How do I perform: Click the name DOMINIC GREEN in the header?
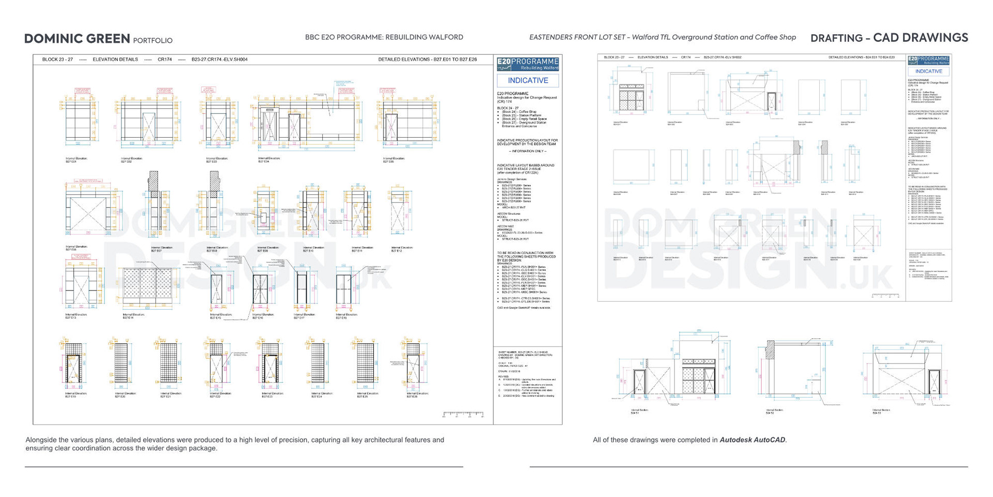[x=77, y=39]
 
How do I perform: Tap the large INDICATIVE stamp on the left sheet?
[x=528, y=81]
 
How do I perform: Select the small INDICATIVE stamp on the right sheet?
[x=928, y=71]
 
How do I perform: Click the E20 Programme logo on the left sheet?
[x=528, y=64]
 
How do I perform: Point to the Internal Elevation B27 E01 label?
[x=76, y=159]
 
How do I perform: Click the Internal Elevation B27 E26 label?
[x=417, y=394]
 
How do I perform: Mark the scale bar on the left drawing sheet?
[x=463, y=414]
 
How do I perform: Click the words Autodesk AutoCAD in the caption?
[x=753, y=440]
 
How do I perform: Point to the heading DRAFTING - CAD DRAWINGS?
[x=889, y=38]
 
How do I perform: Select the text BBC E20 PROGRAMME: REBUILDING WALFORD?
[x=384, y=37]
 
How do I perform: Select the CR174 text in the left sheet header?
[x=164, y=60]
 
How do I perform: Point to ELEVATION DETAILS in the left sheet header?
[x=115, y=60]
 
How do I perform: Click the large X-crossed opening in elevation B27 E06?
[x=88, y=213]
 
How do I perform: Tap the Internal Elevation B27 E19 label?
[x=76, y=394]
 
